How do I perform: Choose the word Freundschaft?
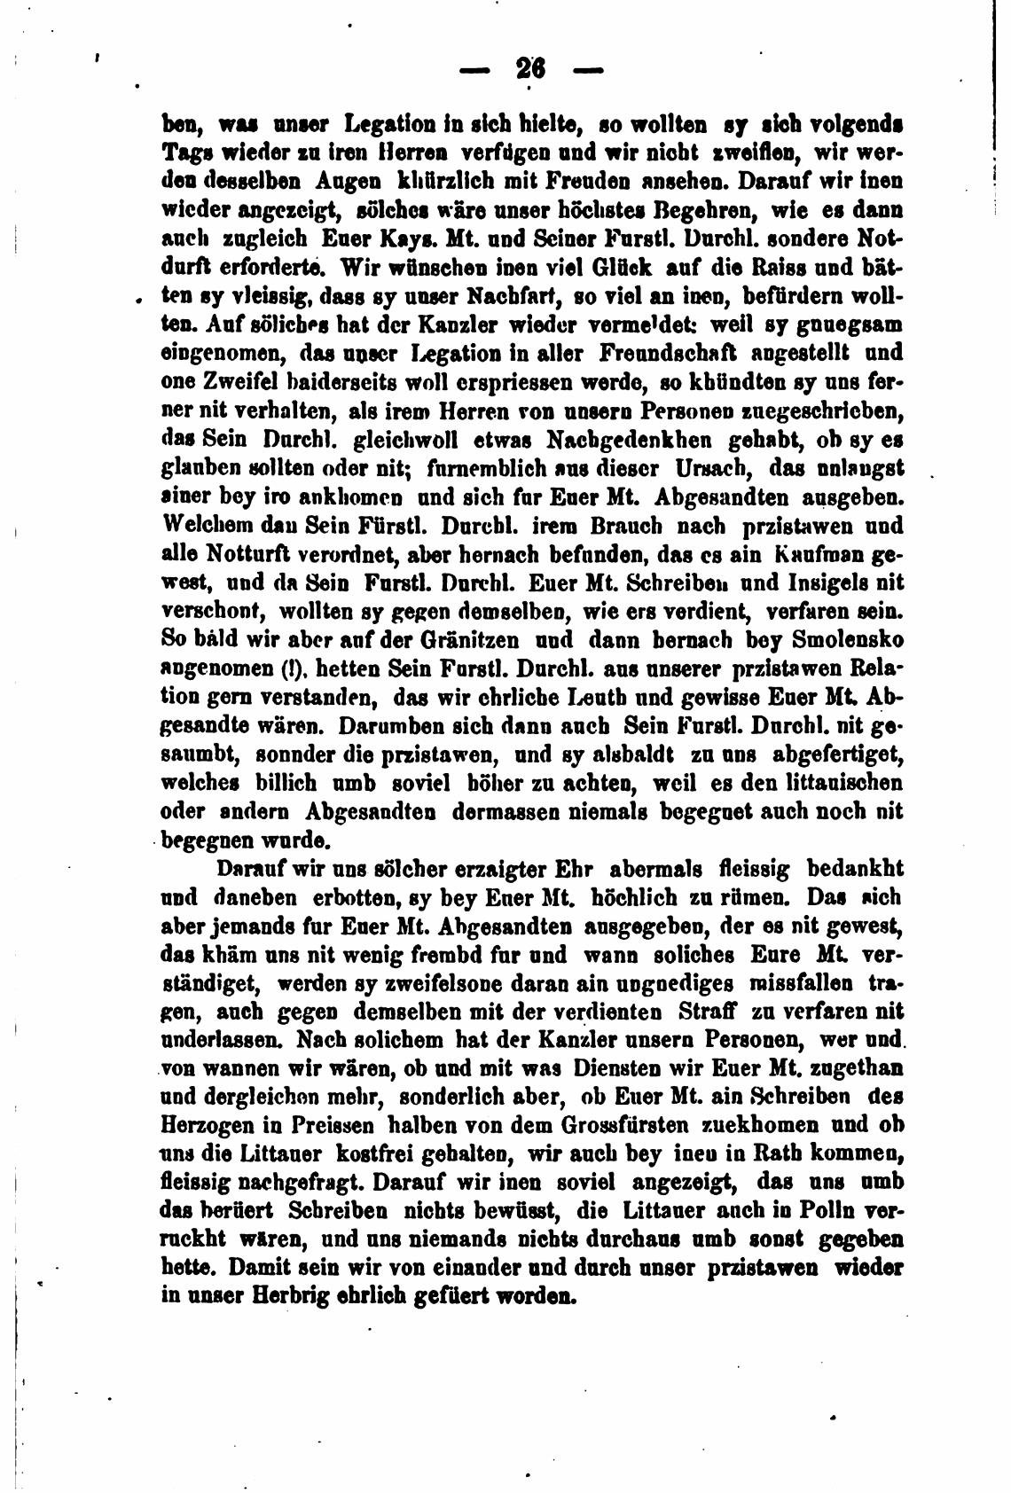coord(674,353)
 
